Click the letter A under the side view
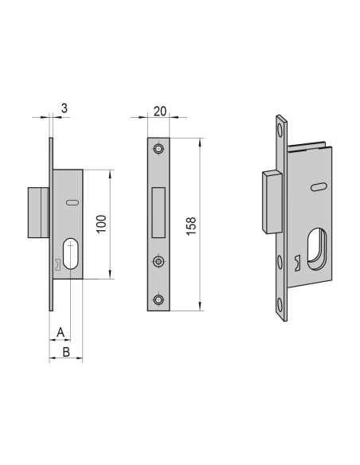[x=60, y=331]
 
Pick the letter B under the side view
[x=66, y=350]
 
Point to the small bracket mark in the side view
[x=57, y=265]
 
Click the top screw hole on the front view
[x=159, y=150]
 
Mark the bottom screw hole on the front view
[x=159, y=299]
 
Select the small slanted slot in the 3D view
[x=319, y=187]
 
